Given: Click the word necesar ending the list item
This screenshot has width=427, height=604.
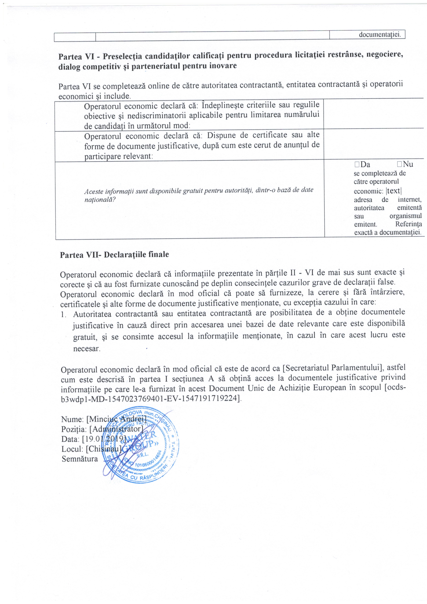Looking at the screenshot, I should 87,349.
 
